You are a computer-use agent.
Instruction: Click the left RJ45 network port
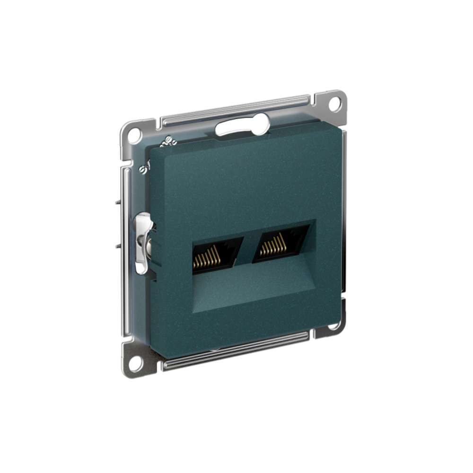click(217, 255)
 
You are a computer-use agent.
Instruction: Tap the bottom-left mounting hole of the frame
click(135, 364)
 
